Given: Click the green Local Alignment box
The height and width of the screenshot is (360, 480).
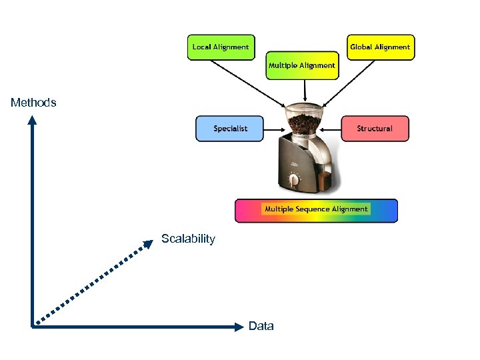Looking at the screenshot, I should [221, 47].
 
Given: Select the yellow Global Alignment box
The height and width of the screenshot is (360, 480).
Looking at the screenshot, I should [380, 47].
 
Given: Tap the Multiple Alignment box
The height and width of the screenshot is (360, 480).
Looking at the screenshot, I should [301, 65].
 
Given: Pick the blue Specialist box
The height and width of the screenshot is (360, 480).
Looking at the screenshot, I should [230, 128].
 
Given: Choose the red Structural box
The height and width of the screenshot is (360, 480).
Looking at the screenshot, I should [375, 128].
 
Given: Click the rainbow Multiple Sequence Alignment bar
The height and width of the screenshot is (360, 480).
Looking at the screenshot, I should [316, 210].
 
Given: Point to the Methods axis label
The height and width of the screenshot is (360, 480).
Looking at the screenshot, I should [33, 103].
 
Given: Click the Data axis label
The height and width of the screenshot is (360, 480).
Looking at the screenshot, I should [261, 326].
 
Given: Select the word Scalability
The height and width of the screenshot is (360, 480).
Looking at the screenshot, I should [188, 239].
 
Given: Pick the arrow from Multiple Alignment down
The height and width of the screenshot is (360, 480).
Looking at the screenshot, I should [305, 89].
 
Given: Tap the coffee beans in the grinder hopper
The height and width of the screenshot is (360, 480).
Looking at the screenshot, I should [306, 123].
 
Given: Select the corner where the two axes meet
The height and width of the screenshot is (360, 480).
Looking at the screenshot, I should [32, 326].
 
